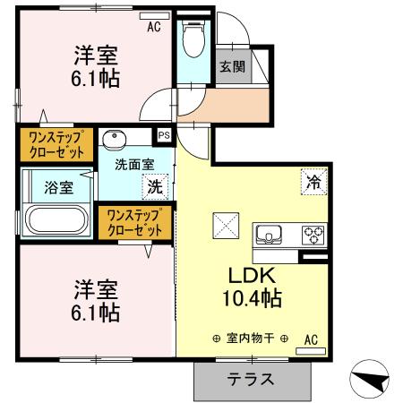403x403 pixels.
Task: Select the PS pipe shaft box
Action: click(164, 135)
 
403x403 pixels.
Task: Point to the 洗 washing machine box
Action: click(155, 188)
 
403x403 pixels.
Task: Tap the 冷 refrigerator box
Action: click(314, 180)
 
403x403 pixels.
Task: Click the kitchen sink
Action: click(269, 236)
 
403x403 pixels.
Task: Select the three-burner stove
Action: click(313, 235)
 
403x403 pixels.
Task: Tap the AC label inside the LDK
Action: click(311, 339)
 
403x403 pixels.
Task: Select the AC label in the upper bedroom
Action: click(154, 27)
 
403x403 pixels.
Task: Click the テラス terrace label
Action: click(253, 380)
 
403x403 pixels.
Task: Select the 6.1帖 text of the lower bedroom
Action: click(96, 313)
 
